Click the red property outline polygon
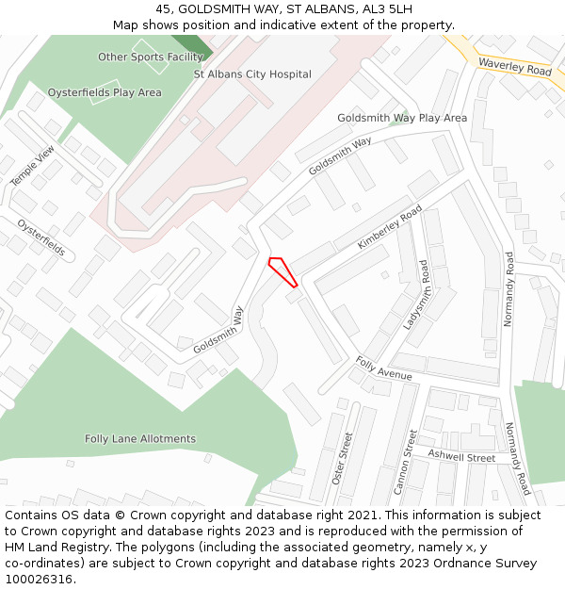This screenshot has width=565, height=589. click(x=282, y=271)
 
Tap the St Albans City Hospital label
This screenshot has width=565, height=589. click(x=252, y=74)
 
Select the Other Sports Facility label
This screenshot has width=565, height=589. click(x=151, y=57)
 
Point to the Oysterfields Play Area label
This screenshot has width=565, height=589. click(x=105, y=92)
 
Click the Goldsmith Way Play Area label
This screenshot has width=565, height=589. click(x=402, y=118)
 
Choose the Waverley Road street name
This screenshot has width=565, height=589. click(x=514, y=67)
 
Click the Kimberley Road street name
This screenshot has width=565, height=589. click(x=390, y=229)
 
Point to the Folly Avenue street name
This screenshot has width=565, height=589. click(x=384, y=368)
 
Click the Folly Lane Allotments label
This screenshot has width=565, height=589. click(x=140, y=439)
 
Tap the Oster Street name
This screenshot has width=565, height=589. click(x=341, y=456)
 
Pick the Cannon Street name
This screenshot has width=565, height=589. click(x=404, y=462)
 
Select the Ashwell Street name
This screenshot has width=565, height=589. click(x=461, y=457)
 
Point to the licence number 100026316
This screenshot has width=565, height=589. click(x=38, y=580)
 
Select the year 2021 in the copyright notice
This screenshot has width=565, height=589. click(x=365, y=515)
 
